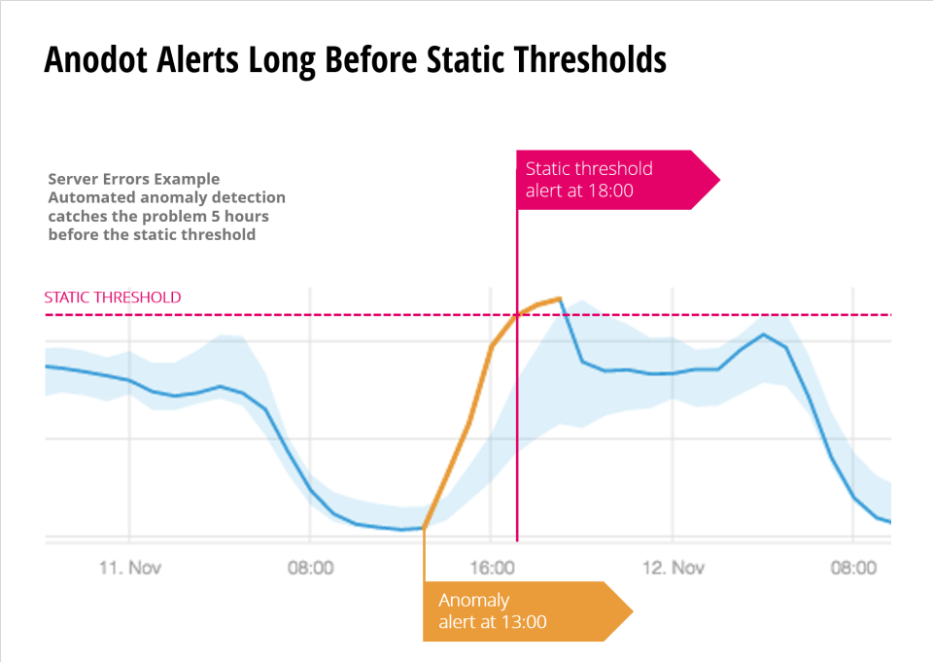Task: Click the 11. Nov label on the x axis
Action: pyautogui.click(x=129, y=567)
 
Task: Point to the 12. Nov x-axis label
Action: pyautogui.click(x=674, y=567)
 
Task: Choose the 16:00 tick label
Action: pyautogui.click(x=491, y=567)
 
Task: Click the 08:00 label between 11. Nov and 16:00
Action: pyautogui.click(x=311, y=567)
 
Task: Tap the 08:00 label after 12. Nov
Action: pyautogui.click(x=853, y=567)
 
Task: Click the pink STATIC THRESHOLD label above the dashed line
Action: pyautogui.click(x=113, y=297)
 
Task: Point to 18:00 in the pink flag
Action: pyautogui.click(x=611, y=191)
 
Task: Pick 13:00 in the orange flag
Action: pyautogui.click(x=524, y=622)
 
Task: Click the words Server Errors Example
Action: pyautogui.click(x=134, y=179)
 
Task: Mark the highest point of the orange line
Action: pyautogui.click(x=560, y=298)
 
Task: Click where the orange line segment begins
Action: pyautogui.click(x=424, y=528)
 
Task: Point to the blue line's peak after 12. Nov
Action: pyautogui.click(x=764, y=334)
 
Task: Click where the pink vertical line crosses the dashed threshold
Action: pyautogui.click(x=517, y=315)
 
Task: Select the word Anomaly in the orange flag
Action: pyautogui.click(x=473, y=600)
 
